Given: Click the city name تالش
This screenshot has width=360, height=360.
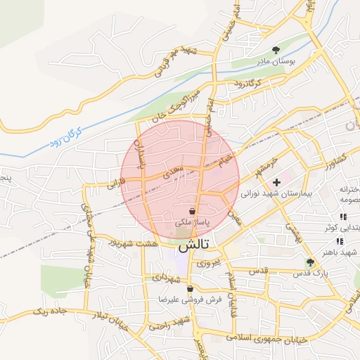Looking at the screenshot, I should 193,247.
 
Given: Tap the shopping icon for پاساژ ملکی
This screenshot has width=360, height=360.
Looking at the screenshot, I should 192,211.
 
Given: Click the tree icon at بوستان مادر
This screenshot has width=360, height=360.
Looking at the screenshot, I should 276,50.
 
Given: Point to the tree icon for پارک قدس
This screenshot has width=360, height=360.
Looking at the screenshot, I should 310,262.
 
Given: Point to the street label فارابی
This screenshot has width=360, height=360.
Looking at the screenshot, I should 116,184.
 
